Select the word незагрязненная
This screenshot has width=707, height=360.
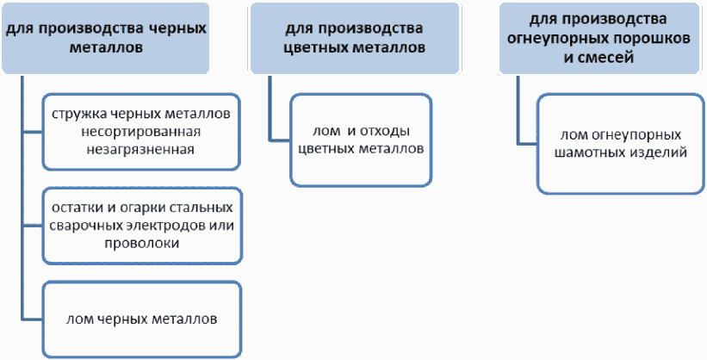click(140, 149)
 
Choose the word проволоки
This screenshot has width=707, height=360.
click(141, 243)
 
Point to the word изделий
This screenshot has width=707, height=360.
click(656, 152)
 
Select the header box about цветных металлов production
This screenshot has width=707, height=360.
click(355, 39)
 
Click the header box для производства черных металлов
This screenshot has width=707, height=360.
click(106, 39)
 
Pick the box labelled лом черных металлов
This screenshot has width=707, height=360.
click(141, 320)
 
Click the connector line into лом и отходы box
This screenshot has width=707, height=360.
click(270, 116)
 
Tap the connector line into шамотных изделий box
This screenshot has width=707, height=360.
click(518, 117)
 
